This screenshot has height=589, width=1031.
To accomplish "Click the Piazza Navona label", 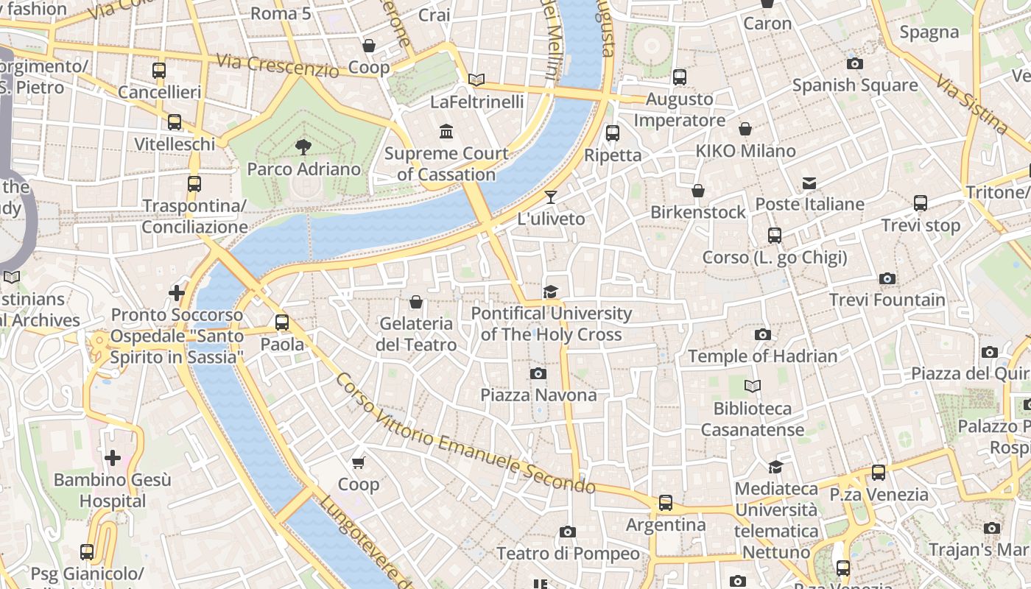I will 538,395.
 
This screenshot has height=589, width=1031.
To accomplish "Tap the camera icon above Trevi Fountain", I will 887,278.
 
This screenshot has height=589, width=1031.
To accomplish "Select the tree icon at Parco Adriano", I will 303,147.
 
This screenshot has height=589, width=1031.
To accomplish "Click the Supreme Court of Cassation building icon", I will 446,132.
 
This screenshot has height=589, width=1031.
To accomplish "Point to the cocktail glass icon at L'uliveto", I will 550,197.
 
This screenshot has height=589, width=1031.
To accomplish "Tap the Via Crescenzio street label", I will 278,65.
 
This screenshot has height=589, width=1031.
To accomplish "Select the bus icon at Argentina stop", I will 666,503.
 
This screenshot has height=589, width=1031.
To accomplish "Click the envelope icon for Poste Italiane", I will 809,183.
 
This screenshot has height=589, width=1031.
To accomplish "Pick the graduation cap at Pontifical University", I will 550,292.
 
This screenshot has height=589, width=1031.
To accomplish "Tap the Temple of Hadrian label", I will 762,356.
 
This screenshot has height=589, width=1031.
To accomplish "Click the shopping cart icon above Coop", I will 359,462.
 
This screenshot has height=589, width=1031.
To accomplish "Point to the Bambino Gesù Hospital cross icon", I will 112,458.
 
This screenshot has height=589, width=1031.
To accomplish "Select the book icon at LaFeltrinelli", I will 476,80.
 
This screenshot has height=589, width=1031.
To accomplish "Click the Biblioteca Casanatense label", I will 752,419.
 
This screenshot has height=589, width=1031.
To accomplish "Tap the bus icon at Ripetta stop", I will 612,133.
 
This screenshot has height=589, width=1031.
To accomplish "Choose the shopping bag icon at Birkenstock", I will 698,191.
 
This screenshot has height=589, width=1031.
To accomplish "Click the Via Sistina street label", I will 972,105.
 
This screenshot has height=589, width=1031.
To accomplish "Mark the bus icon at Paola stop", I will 282,322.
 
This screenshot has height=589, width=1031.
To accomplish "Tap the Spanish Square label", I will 855,85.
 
